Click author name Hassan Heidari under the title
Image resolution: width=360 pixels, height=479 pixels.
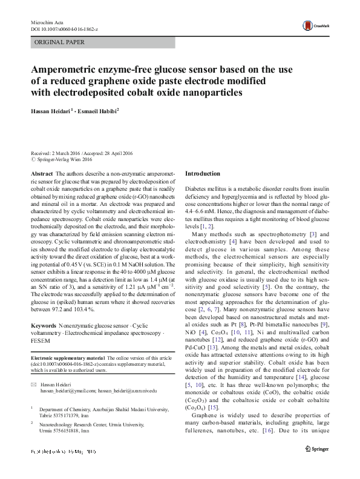(x=57, y=111)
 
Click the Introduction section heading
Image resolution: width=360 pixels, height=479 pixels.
(x=203, y=173)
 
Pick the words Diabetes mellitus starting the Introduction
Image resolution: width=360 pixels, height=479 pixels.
(x=204, y=190)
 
